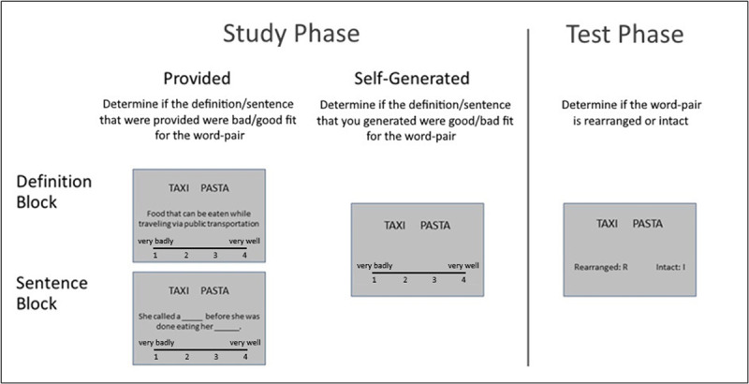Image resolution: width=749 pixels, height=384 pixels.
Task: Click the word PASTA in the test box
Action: pyautogui.click(x=650, y=224)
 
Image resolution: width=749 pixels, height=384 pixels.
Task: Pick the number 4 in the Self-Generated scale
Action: pyautogui.click(x=463, y=280)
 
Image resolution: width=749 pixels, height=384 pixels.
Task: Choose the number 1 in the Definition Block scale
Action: pyautogui.click(x=155, y=255)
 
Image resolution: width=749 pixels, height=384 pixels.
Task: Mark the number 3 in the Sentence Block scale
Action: pyautogui.click(x=216, y=357)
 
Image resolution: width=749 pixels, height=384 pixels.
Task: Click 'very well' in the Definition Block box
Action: pyautogui.click(x=244, y=241)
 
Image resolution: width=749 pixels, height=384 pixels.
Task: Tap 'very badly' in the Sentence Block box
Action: pyautogui.click(x=157, y=343)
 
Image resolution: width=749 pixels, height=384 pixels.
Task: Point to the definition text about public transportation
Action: pyautogui.click(x=198, y=218)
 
